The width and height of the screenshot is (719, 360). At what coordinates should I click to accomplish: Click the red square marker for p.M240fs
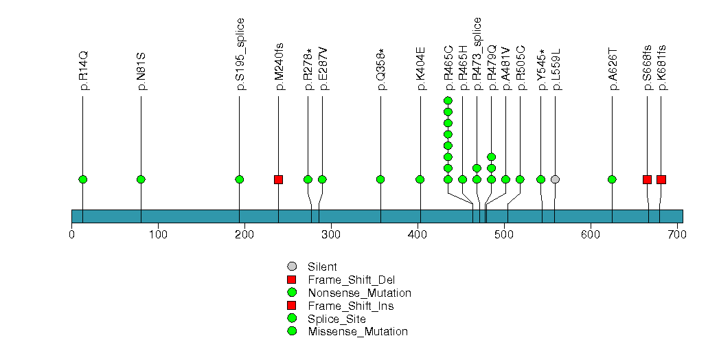pos(278,179)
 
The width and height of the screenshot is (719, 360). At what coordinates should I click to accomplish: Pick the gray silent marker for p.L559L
pos(555,179)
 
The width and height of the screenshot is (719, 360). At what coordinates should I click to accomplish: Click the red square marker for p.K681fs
pos(661,179)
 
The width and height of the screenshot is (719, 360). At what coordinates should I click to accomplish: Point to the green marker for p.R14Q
pos(83,179)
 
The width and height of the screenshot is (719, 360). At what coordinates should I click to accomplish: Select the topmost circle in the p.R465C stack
pos(448,101)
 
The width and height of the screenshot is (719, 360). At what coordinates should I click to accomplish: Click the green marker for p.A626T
pos(612,179)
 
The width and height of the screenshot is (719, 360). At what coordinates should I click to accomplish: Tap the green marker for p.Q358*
pos(380,179)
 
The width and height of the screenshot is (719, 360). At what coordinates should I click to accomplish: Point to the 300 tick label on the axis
pos(331,235)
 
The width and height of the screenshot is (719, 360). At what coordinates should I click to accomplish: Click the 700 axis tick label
pos(677,235)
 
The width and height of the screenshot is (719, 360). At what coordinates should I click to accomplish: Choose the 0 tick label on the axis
pos(72,235)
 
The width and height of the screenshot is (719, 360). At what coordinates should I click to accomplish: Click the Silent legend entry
pos(322,267)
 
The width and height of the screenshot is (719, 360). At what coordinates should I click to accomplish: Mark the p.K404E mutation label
pos(421,69)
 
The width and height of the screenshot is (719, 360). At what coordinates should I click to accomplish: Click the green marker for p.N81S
pos(141,179)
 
